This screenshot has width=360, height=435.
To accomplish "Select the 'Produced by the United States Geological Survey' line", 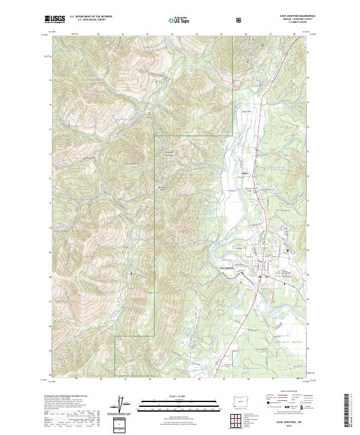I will tap(66, 397).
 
